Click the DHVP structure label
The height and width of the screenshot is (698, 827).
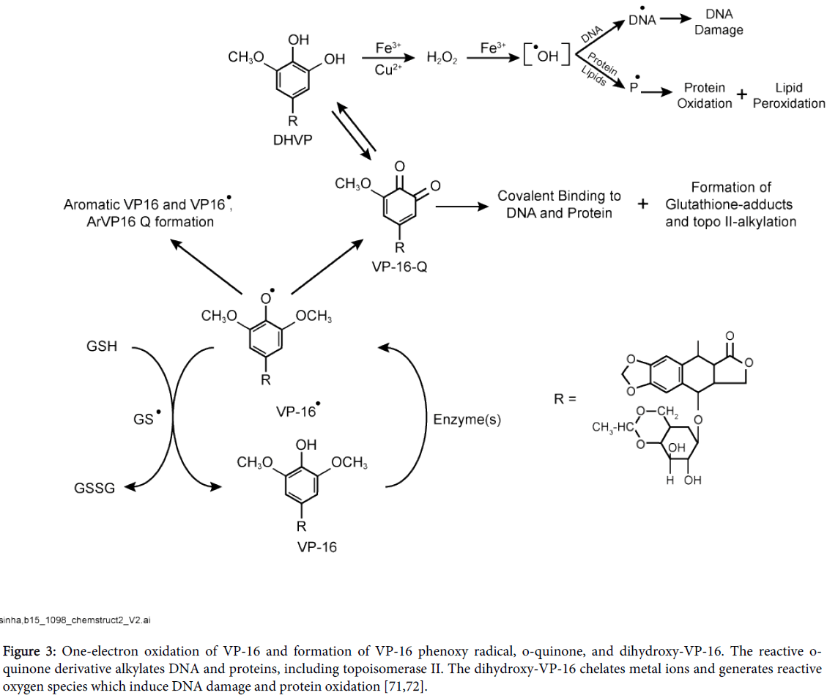292,138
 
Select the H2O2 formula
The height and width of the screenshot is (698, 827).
442,58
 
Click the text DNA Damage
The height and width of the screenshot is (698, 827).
718,22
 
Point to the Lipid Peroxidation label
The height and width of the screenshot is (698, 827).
789,95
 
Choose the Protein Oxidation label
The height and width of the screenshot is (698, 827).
704,95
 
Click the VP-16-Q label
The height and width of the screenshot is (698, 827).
399,267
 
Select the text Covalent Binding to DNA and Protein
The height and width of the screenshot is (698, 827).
559,204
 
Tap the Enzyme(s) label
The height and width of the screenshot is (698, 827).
467,420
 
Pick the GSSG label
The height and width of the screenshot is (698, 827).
94,488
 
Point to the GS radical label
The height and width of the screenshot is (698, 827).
144,420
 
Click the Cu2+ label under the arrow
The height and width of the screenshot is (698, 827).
388,70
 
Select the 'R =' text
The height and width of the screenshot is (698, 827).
565,399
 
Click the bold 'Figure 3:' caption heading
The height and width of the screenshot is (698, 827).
31,651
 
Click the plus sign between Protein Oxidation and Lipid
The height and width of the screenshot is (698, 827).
742,94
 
